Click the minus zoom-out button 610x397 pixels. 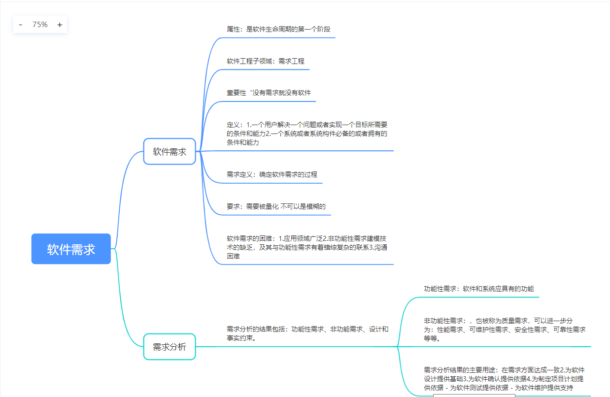21,25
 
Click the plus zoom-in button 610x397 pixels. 60,25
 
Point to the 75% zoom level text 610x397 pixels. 40,25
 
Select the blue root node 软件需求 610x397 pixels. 71,249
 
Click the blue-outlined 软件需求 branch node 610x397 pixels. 169,152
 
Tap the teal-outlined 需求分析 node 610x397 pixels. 169,347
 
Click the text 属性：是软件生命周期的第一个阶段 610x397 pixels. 278,29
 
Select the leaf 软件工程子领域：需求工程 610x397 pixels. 266,61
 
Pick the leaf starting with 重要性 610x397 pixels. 269,93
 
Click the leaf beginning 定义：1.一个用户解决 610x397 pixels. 306,133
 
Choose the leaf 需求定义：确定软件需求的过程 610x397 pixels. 272,174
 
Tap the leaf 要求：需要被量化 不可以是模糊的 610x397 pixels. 276,206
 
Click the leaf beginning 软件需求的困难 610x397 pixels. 306,247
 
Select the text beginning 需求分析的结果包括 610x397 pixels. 307,333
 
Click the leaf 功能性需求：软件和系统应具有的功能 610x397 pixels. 478,289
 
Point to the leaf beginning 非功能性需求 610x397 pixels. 504,330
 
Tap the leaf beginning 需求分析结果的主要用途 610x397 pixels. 504,379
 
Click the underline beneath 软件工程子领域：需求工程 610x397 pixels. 266,69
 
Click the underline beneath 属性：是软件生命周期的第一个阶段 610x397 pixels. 278,37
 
